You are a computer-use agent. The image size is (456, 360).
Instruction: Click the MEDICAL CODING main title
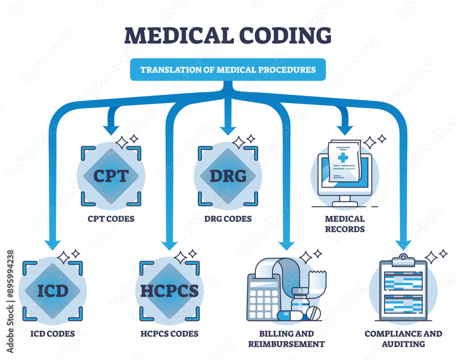click(x=228, y=36)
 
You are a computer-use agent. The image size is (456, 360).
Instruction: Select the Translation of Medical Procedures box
click(x=228, y=70)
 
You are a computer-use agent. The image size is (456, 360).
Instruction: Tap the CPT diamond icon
click(x=111, y=176)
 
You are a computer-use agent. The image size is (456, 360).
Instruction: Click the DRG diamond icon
click(x=228, y=176)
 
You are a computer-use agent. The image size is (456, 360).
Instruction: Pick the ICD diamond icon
click(x=53, y=290)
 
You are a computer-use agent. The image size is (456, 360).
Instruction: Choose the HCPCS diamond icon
click(x=170, y=290)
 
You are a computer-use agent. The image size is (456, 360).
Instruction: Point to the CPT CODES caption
click(x=111, y=219)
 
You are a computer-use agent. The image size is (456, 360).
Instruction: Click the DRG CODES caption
click(x=228, y=219)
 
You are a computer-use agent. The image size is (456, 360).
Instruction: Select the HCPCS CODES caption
click(x=170, y=334)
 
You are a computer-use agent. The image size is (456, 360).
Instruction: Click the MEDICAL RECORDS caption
click(x=345, y=224)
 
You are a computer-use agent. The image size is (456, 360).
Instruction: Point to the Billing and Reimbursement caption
click(x=287, y=339)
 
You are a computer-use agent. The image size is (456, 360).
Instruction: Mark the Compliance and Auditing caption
click(x=403, y=339)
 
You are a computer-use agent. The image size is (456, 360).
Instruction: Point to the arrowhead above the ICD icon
click(x=52, y=245)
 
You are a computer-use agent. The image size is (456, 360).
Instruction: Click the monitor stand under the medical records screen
click(x=345, y=201)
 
